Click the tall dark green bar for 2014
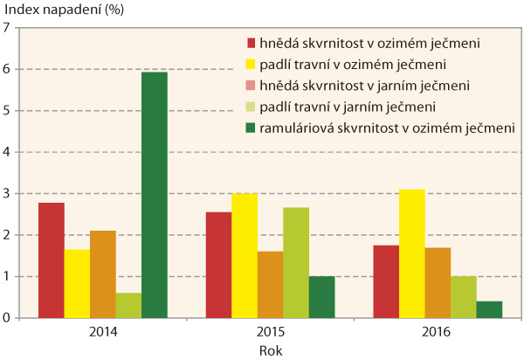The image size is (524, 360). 154,195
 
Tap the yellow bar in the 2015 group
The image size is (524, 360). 245,255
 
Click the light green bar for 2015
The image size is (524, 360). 296,262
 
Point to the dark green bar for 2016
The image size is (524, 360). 490,309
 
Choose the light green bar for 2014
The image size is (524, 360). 128,305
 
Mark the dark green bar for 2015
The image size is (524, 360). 321,297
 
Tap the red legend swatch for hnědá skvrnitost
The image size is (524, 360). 251,42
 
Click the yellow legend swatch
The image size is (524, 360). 251,64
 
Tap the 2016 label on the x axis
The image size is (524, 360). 424,333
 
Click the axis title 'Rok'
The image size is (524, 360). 271,350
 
